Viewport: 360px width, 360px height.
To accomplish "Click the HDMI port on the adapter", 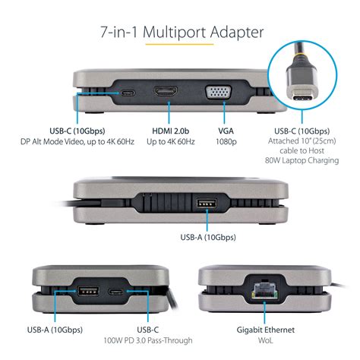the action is pos(166,91).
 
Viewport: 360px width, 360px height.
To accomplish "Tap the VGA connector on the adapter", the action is pos(218,93).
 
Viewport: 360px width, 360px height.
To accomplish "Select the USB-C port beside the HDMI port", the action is pos(128,93).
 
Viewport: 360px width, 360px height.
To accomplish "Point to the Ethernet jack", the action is pos(264,290).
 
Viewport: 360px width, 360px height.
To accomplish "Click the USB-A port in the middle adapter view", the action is pos(207,204).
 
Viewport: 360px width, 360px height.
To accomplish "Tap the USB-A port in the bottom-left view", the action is pos(88,291).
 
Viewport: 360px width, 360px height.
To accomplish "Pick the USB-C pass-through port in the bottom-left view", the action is pos(116,292).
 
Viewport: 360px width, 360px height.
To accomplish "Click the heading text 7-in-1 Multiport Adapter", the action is pos(182,32).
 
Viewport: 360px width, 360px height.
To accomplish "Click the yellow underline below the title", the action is pos(179,45).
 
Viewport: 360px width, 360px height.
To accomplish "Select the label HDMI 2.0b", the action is pos(171,131).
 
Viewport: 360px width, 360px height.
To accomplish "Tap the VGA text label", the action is pos(226,131).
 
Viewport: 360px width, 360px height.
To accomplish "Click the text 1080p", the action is pos(226,141).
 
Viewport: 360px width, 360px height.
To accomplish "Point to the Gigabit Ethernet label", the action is pos(266,330).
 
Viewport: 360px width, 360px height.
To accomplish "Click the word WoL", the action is pos(266,340).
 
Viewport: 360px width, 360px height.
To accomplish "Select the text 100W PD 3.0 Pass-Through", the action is pos(148,340).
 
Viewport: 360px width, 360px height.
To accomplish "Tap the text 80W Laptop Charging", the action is pos(302,160).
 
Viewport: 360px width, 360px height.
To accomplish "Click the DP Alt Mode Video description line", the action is pos(77,141).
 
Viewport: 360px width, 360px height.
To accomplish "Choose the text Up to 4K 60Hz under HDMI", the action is pos(171,141).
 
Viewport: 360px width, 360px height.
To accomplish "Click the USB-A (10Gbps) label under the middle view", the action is pos(208,237).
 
